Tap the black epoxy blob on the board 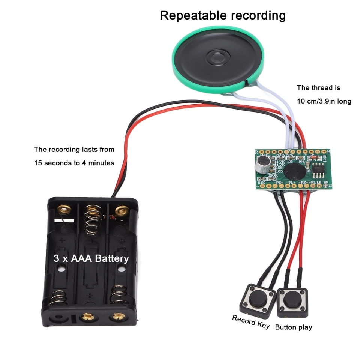(x=293, y=170)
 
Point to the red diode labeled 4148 (x=315, y=158)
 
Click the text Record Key (x=250, y=322)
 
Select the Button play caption (x=293, y=327)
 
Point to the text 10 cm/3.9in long (x=324, y=101)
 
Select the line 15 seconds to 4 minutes (x=74, y=163)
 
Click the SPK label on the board (x=290, y=155)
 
